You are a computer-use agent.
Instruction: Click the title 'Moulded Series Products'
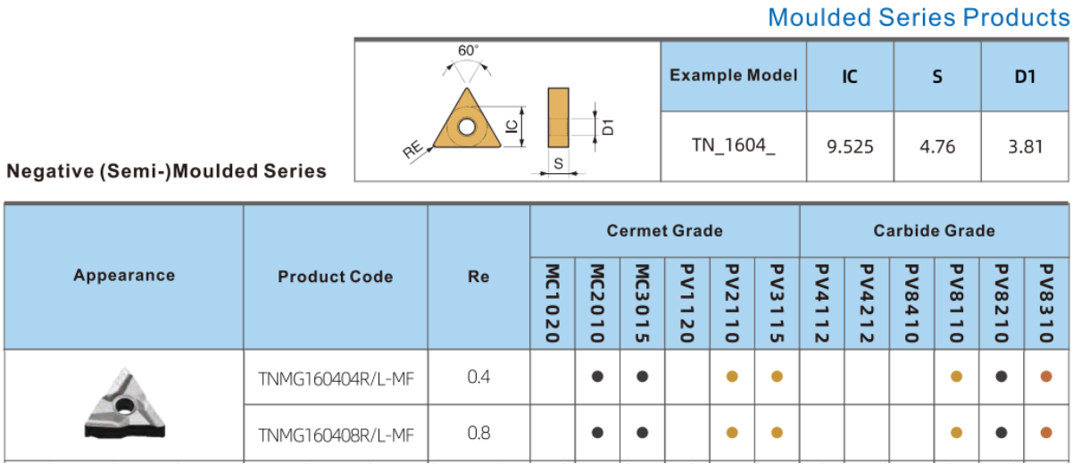919,18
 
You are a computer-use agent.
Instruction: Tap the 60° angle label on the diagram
468,50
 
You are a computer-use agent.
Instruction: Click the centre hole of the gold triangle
467,127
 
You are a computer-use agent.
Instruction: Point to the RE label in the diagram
412,149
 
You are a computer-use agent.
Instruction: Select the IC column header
849,77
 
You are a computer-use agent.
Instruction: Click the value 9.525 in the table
850,146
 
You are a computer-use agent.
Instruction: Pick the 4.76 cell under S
937,146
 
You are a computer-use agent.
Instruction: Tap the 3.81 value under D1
1025,146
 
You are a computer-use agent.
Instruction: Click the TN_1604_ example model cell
733,145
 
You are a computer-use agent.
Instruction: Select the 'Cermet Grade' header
664,231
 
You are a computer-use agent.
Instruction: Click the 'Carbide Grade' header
934,231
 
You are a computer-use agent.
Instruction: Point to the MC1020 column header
553,303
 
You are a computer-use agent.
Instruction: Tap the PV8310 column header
1046,303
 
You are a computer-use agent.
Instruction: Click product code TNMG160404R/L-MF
336,379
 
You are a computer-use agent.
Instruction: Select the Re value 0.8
478,433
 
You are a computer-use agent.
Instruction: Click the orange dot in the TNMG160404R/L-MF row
1046,377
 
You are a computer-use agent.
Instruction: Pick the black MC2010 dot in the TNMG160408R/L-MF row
597,433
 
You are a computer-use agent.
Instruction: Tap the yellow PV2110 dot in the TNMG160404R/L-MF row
732,377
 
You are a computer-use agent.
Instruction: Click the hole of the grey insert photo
125,407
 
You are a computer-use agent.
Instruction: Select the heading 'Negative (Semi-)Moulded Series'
167,171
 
